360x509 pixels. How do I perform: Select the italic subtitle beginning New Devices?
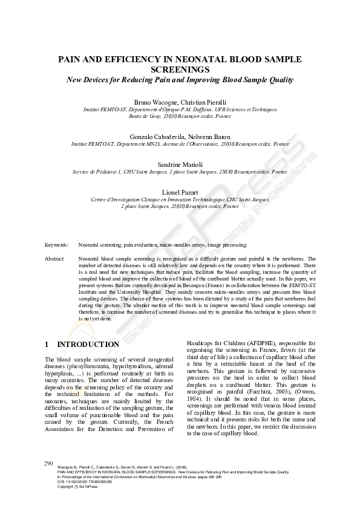(x=180, y=79)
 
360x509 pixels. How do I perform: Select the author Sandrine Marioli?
(x=180, y=164)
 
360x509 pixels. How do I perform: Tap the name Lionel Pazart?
(x=180, y=192)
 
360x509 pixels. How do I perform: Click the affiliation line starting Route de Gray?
(x=180, y=115)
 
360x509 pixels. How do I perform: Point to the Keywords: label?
(x=56, y=245)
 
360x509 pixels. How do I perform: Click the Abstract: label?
(x=55, y=259)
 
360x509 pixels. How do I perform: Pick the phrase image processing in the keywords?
(x=226, y=245)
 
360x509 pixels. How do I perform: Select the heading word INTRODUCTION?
(x=88, y=345)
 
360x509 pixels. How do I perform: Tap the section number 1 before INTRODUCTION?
(x=47, y=345)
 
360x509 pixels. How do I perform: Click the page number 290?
(x=50, y=462)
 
